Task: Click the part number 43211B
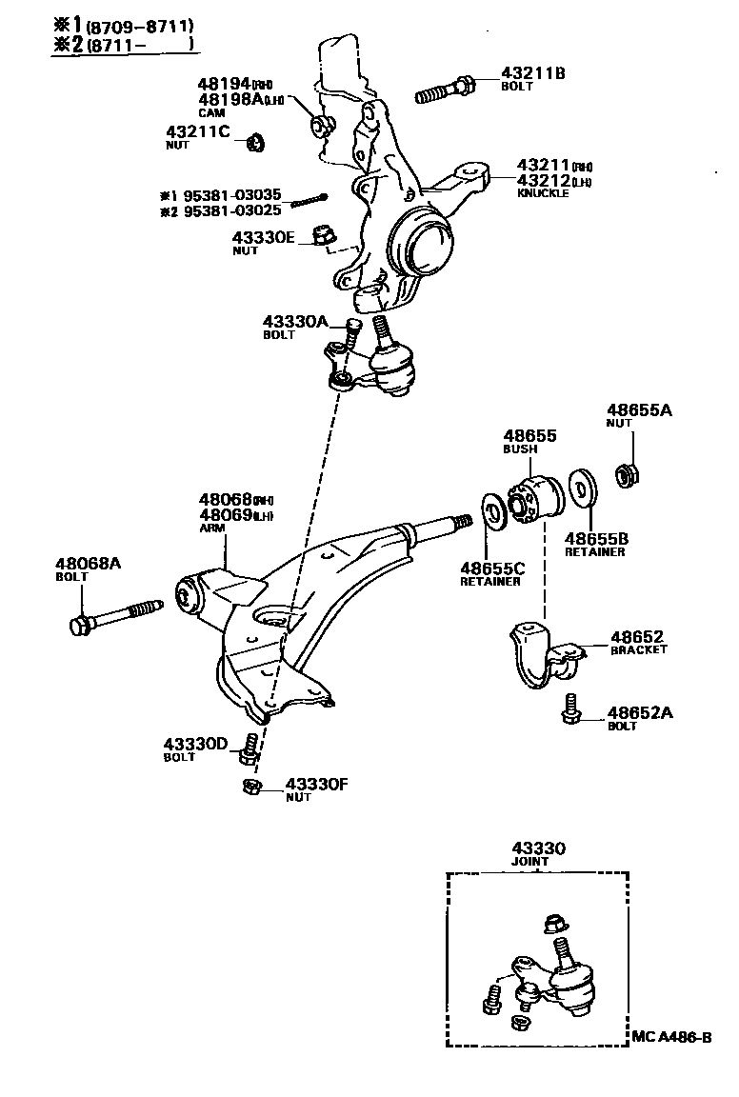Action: click(x=532, y=72)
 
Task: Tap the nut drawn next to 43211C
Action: click(x=254, y=143)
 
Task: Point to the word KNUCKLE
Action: click(x=543, y=192)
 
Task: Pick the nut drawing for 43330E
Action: click(x=324, y=235)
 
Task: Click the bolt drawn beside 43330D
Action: click(x=250, y=748)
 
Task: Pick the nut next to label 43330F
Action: click(x=251, y=786)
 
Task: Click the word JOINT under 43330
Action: click(x=531, y=861)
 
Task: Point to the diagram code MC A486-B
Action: click(x=670, y=1037)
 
